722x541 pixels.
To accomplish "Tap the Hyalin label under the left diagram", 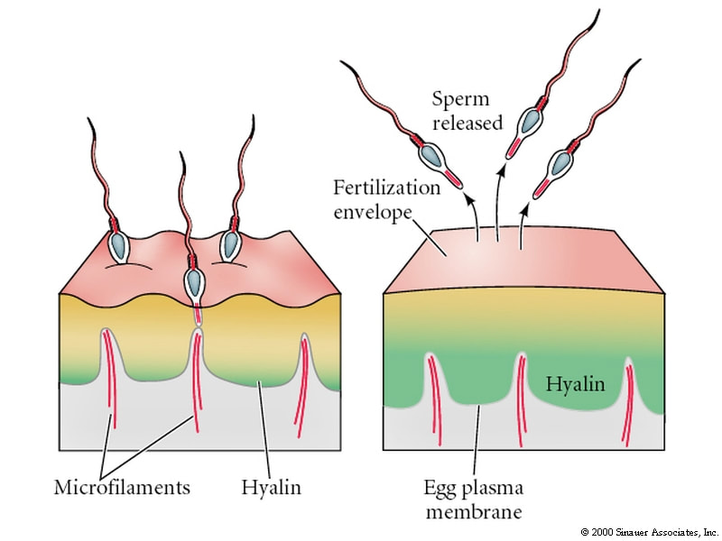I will (271, 488).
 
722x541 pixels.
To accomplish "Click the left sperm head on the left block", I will (119, 243).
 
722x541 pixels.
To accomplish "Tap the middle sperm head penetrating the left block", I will (193, 280).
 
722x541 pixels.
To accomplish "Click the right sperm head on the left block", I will (227, 244).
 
